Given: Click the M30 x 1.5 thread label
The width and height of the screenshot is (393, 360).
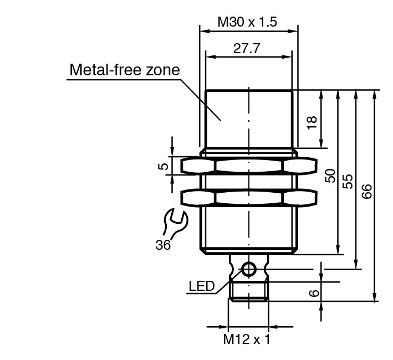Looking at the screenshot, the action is tap(247, 22).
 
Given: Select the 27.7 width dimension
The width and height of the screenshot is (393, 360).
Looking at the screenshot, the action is tap(247, 48).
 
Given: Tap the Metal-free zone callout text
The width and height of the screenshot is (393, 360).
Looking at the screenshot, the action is tap(125, 70).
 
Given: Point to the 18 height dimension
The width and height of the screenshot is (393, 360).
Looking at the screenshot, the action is tap(312, 122).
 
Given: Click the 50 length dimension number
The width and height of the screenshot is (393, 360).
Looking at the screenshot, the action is tap(330, 176).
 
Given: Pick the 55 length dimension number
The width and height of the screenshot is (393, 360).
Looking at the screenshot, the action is tap(348, 182).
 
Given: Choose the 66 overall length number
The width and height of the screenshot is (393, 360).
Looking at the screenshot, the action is tap(366, 191).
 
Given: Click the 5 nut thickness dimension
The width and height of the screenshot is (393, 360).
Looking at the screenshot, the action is tap(164, 166).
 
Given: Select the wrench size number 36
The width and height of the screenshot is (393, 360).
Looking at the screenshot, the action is tap(163, 245).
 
